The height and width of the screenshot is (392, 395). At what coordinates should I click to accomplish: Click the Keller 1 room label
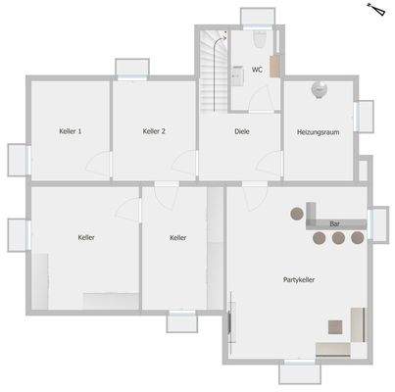coord(70,131)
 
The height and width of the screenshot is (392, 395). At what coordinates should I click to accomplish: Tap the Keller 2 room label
coord(154,131)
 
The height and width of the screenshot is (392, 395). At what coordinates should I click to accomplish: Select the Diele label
coord(242,131)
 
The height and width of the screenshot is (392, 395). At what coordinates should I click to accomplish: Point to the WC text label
coord(257,71)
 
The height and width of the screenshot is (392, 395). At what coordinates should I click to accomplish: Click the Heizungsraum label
coord(318,131)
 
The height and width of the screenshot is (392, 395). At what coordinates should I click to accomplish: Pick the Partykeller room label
coord(298,279)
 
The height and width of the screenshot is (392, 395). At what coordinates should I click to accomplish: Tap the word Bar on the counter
coord(334,223)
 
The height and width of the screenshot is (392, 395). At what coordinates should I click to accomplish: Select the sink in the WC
coord(237,73)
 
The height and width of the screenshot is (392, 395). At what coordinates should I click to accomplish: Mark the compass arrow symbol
coord(374,10)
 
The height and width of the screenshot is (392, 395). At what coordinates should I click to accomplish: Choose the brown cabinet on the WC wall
coord(275,67)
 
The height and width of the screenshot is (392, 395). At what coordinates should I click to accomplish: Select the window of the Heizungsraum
coord(365,116)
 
